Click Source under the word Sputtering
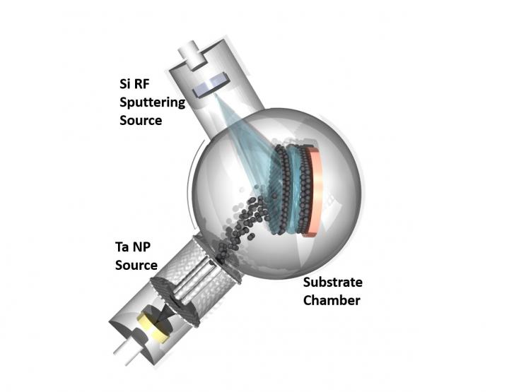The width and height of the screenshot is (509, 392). tap(141, 120)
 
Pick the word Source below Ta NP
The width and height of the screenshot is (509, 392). tap(135, 266)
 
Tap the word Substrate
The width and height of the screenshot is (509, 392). tap(332, 283)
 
